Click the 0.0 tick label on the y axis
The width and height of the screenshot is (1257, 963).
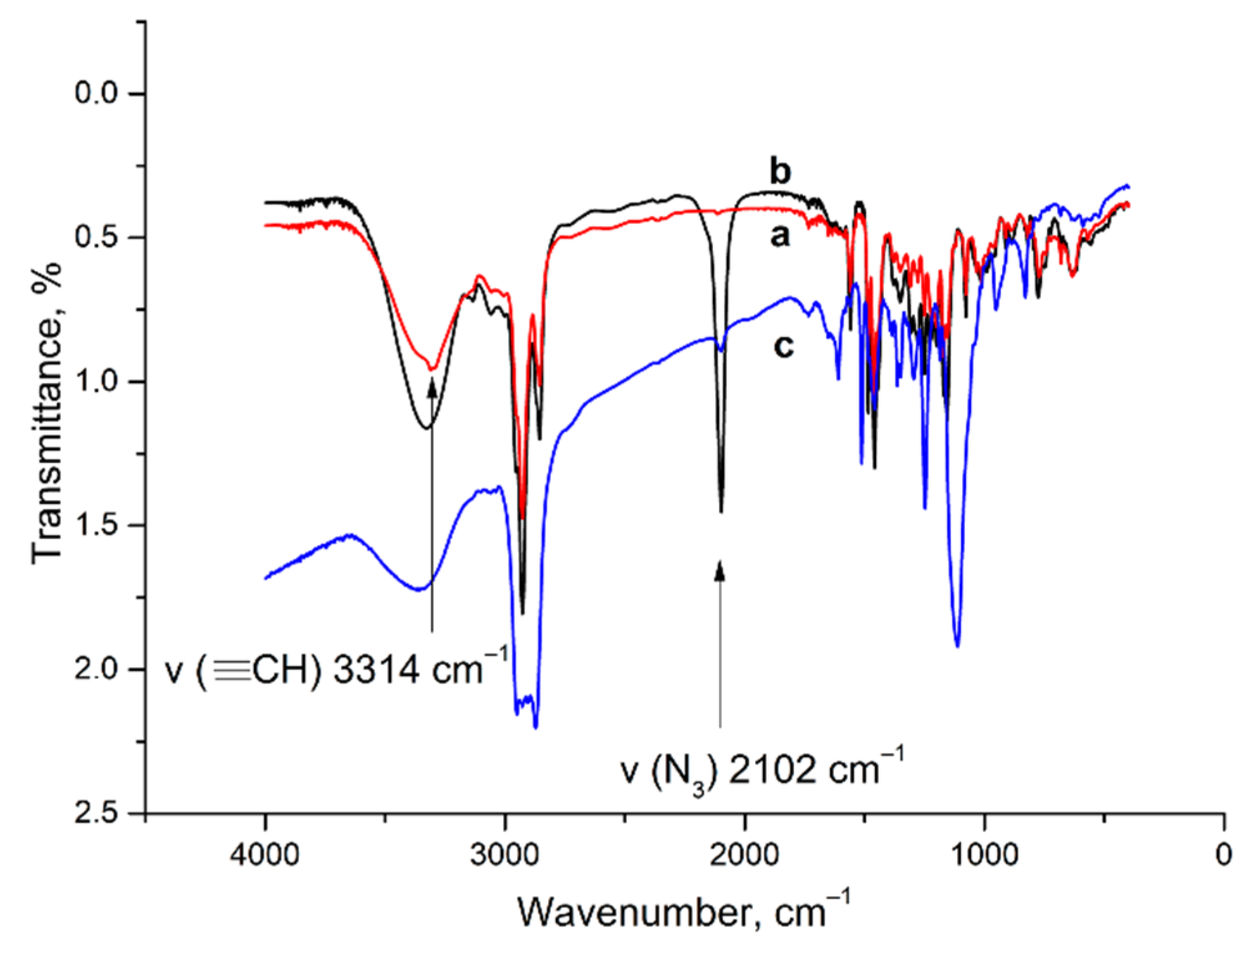pos(96,93)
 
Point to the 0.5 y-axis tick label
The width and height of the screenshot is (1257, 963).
pos(96,237)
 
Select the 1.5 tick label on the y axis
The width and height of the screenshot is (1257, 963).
pos(96,525)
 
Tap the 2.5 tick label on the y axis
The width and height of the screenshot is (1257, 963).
pos(96,813)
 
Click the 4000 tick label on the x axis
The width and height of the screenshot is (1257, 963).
pos(265,854)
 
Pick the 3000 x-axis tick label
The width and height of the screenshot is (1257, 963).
pos(505,854)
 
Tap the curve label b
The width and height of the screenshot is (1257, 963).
pos(780,171)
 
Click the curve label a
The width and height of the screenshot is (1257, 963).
pos(780,236)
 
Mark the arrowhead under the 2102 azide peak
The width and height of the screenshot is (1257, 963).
pos(720,568)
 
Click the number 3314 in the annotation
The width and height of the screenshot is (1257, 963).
pos(376,671)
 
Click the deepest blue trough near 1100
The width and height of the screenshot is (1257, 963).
pos(957,646)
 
